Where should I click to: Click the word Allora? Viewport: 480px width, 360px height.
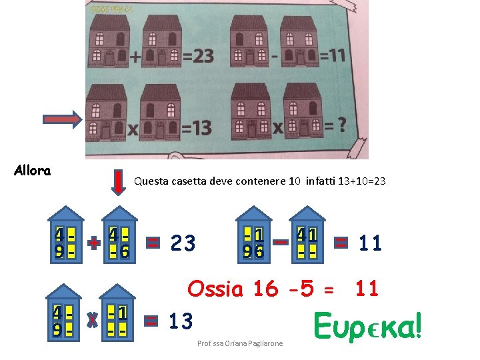click(32, 171)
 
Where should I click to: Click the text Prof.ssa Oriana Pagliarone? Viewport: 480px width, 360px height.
click(240, 343)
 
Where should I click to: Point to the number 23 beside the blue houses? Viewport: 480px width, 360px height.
click(183, 243)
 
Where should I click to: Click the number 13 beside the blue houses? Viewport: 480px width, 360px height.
click(181, 321)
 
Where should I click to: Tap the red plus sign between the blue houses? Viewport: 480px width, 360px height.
click(94, 243)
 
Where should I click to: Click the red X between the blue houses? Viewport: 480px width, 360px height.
click(93, 321)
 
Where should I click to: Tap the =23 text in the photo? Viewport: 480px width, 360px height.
click(198, 56)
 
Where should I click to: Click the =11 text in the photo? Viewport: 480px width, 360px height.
click(332, 53)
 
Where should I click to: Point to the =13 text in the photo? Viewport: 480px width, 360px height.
click(197, 127)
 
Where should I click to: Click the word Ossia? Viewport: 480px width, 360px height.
click(216, 289)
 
